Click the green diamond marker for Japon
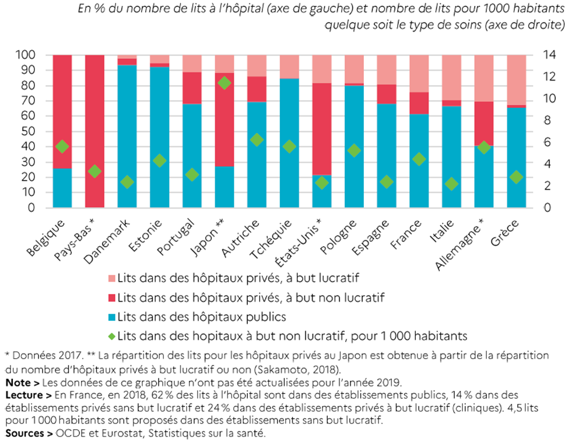point(225,83)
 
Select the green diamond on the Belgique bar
point(62,146)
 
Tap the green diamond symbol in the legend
point(111,335)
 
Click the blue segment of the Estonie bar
point(160,137)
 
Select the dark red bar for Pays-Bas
point(95,131)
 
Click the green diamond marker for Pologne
point(354,150)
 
